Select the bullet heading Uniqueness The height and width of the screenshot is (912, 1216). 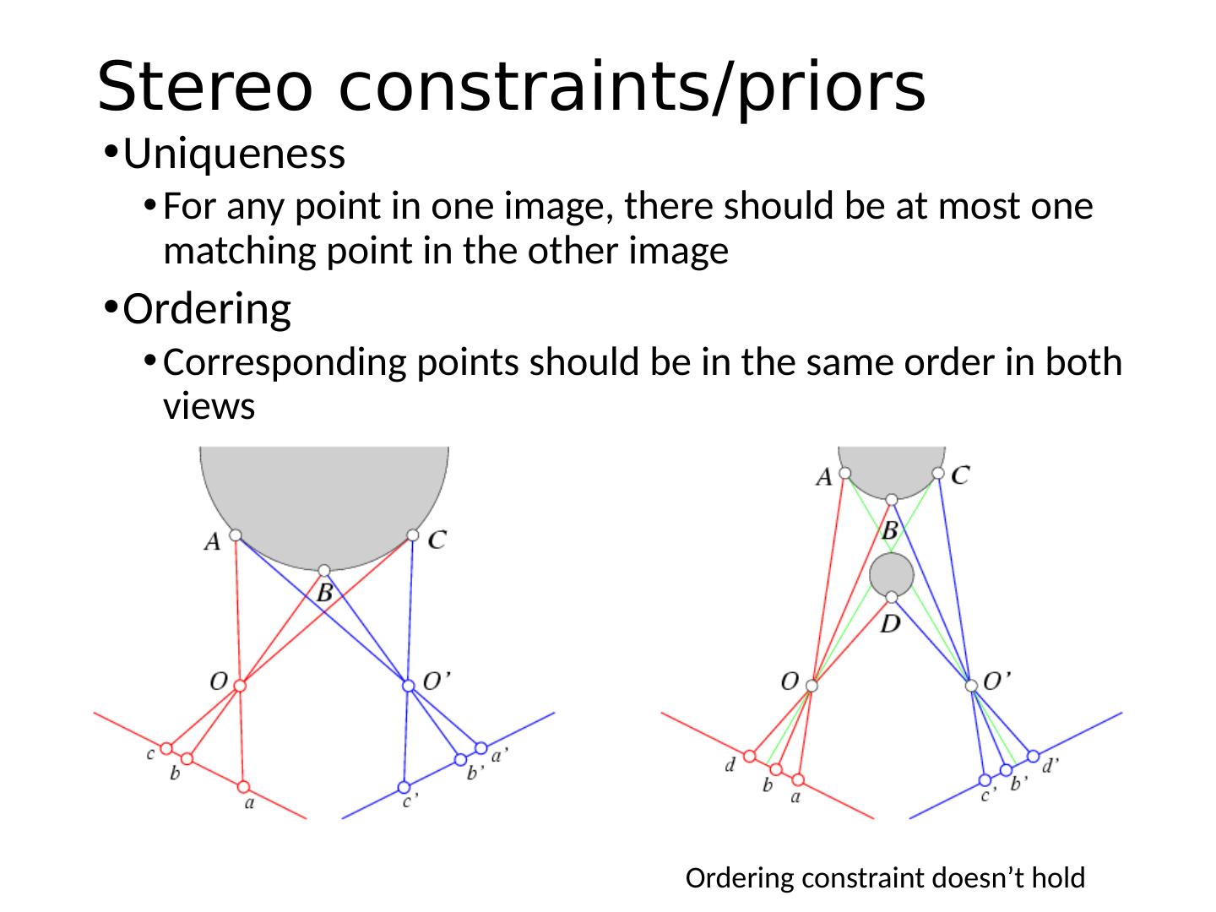click(x=234, y=155)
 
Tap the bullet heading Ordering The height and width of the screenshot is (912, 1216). click(x=207, y=309)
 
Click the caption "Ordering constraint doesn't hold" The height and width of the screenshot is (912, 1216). click(x=884, y=879)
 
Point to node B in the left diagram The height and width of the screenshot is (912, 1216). click(x=324, y=571)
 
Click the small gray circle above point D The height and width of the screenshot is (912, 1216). click(x=892, y=575)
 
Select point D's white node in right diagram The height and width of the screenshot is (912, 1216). click(x=892, y=598)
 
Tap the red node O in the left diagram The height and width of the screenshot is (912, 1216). click(x=240, y=686)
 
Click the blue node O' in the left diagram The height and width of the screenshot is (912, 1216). click(x=409, y=686)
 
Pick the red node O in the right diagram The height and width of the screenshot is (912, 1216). click(x=812, y=686)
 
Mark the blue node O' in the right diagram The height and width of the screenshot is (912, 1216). click(x=972, y=686)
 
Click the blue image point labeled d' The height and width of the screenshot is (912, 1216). click(x=1033, y=756)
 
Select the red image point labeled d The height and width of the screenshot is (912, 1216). click(x=749, y=756)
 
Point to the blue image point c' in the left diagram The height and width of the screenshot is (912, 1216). click(x=404, y=787)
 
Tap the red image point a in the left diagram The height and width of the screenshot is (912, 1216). click(x=244, y=787)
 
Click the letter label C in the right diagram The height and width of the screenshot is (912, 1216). click(x=960, y=475)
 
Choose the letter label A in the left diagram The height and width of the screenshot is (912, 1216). click(x=212, y=541)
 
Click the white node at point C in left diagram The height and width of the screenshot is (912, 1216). click(x=413, y=535)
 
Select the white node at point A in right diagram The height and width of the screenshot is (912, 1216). click(x=845, y=473)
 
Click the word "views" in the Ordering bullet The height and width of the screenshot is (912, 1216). click(x=209, y=407)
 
